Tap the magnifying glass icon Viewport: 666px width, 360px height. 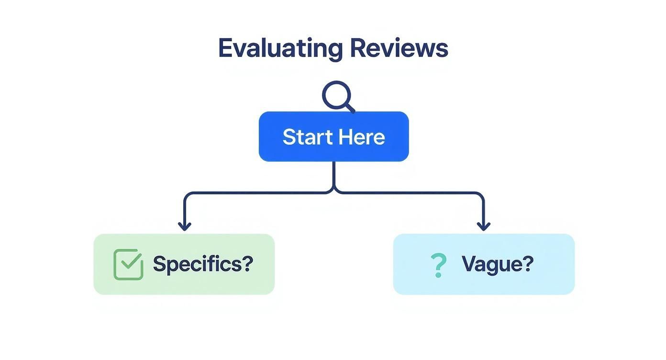337,95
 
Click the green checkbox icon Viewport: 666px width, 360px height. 128,264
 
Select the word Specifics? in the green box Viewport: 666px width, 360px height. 203,264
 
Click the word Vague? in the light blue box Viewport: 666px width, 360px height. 497,264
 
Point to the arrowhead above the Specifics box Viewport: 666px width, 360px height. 185,225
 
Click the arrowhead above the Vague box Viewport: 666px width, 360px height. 483,225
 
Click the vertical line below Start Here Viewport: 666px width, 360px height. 333,175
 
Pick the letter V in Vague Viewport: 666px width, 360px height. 469,264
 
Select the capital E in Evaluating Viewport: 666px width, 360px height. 225,48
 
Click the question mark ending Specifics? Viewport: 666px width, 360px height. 247,264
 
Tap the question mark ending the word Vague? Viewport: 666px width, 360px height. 528,264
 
